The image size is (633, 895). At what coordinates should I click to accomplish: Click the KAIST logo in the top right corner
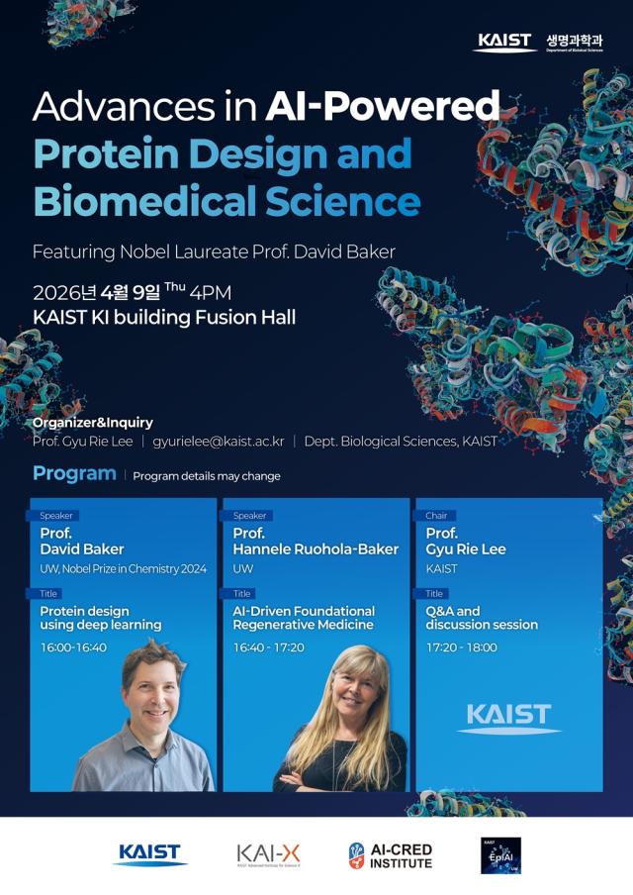point(504,42)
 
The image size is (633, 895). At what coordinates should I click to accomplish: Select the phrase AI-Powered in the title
point(382,106)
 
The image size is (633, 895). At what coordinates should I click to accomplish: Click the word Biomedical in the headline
point(129,201)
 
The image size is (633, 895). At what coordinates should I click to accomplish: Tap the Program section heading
point(74,474)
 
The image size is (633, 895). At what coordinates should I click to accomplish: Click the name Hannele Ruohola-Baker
point(316,548)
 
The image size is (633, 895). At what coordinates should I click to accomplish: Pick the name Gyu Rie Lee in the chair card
point(466,548)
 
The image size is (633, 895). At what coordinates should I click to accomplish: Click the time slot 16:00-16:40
point(73,647)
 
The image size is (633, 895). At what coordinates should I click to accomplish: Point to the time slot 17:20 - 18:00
point(462,647)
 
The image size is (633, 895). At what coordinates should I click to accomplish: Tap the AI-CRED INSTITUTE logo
point(390,855)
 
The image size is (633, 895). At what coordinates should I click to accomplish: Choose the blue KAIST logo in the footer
point(149,853)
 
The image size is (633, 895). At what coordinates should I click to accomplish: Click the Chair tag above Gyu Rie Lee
point(436,516)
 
